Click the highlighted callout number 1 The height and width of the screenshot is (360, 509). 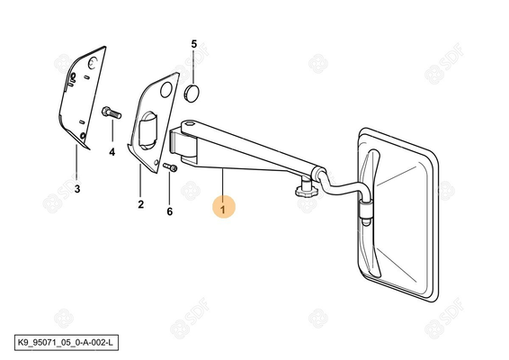pyautogui.click(x=223, y=207)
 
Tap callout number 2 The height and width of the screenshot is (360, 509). pyautogui.click(x=140, y=204)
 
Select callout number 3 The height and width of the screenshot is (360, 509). pyautogui.click(x=77, y=189)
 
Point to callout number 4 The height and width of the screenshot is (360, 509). pyautogui.click(x=112, y=152)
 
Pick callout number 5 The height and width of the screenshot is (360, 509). pyautogui.click(x=193, y=44)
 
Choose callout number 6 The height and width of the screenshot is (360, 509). pyautogui.click(x=169, y=211)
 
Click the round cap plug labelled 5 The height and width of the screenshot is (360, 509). pyautogui.click(x=192, y=94)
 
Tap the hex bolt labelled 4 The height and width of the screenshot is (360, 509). pyautogui.click(x=112, y=112)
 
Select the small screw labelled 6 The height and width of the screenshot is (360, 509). pyautogui.click(x=170, y=167)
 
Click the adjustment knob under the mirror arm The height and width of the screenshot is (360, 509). pyautogui.click(x=305, y=189)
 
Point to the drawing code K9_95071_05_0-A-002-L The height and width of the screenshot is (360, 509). pyautogui.click(x=66, y=343)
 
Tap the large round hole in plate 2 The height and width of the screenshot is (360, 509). pyautogui.click(x=165, y=90)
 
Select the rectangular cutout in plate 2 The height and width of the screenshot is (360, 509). pyautogui.click(x=147, y=130)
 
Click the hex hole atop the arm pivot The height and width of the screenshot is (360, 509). pyautogui.click(x=189, y=123)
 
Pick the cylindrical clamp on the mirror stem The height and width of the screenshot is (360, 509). pyautogui.click(x=365, y=210)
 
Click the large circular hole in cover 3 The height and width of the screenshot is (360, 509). pyautogui.click(x=94, y=63)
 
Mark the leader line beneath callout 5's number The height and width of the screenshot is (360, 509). pyautogui.click(x=193, y=67)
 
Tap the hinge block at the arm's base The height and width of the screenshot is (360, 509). pyautogui.click(x=183, y=145)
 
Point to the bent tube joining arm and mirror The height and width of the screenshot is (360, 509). pyautogui.click(x=341, y=188)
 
